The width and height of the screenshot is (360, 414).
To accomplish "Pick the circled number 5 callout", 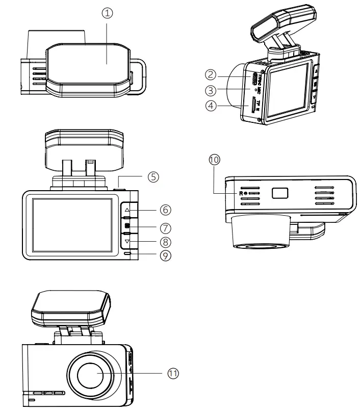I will click(153, 176).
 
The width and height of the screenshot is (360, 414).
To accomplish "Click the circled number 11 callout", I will click(173, 373).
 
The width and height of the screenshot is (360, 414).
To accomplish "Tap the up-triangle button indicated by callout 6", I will click(127, 210).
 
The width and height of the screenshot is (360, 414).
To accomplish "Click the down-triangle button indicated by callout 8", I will click(127, 241).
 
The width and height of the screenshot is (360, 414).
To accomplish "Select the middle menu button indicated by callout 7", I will click(127, 226).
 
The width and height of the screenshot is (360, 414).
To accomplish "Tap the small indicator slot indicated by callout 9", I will click(127, 254).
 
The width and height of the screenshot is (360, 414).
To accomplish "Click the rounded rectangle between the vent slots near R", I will click(280, 193).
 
